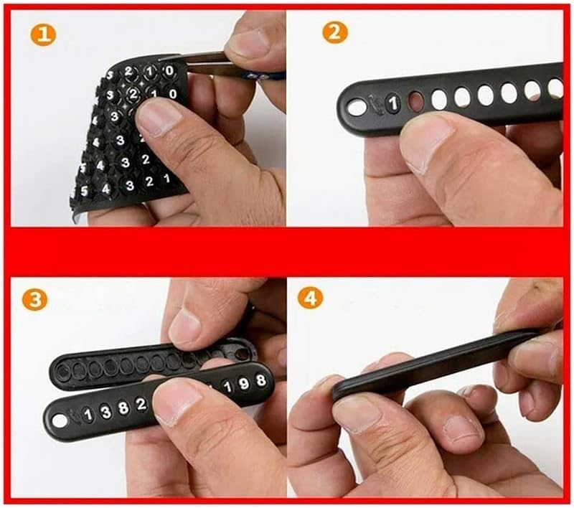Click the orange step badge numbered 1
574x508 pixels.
pyautogui.click(x=42, y=35)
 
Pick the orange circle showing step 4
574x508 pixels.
pyautogui.click(x=311, y=298)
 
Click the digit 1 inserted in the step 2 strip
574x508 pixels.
pyautogui.click(x=392, y=103)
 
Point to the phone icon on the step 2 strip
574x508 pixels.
pyautogui.click(x=373, y=104)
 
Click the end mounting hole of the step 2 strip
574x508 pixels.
pyautogui.click(x=357, y=107)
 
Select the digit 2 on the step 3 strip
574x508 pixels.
pyautogui.click(x=141, y=404)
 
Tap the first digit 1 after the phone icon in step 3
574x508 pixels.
pyautogui.click(x=88, y=415)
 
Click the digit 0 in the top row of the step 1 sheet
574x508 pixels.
pyautogui.click(x=169, y=71)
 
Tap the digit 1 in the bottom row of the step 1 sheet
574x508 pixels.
pyautogui.click(x=166, y=179)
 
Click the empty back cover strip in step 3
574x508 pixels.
pyautogui.click(x=143, y=362)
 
